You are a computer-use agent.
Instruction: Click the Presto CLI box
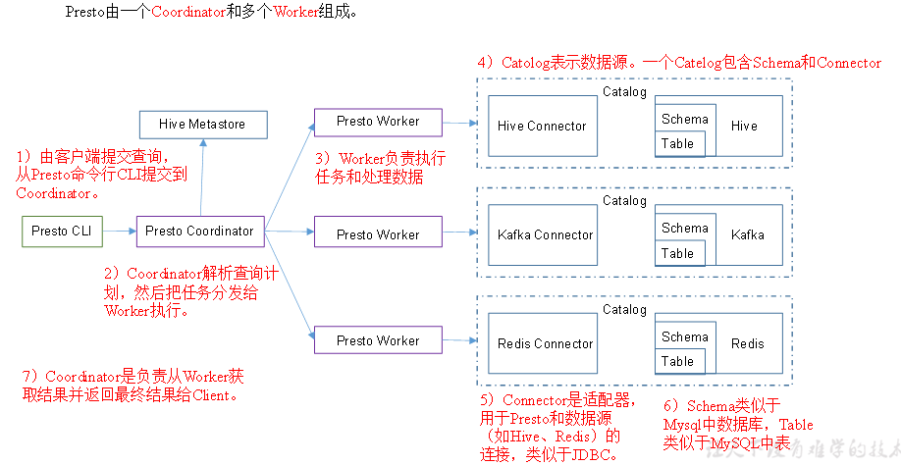[62, 232]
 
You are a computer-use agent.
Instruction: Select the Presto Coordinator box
[199, 232]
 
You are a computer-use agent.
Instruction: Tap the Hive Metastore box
[202, 125]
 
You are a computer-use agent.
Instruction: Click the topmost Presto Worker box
[378, 122]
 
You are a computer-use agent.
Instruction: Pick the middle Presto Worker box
[378, 234]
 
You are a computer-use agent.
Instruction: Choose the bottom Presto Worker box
[378, 340]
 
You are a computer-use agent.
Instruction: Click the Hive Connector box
[542, 126]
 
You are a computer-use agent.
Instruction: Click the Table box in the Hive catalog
[677, 144]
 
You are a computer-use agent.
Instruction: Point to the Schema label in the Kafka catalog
[684, 228]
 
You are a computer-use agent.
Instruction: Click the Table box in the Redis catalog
[677, 362]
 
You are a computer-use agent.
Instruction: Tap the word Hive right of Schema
[744, 126]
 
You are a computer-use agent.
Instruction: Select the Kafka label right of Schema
[747, 234]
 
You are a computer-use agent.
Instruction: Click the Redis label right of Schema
[747, 343]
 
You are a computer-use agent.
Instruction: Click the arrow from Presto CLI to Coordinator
[118, 232]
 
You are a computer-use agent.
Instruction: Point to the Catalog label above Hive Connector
[624, 92]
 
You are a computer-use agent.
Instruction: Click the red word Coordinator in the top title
[188, 12]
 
